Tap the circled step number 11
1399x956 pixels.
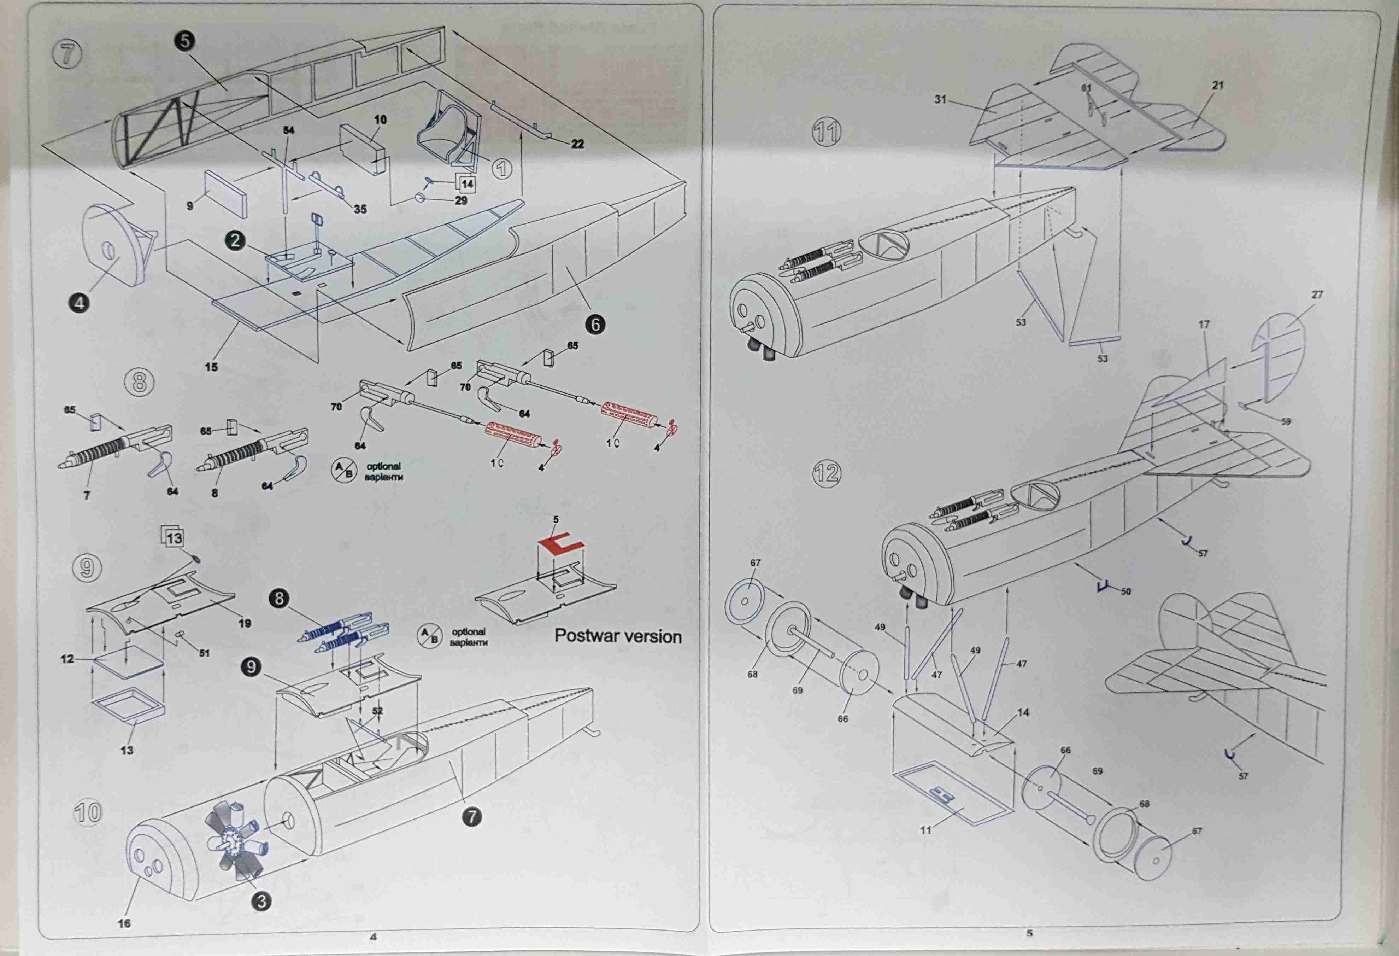(x=827, y=131)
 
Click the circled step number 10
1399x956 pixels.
(x=87, y=812)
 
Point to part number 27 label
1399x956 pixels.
(x=1317, y=295)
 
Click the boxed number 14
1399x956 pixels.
(x=467, y=184)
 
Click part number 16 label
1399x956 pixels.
(x=124, y=923)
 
